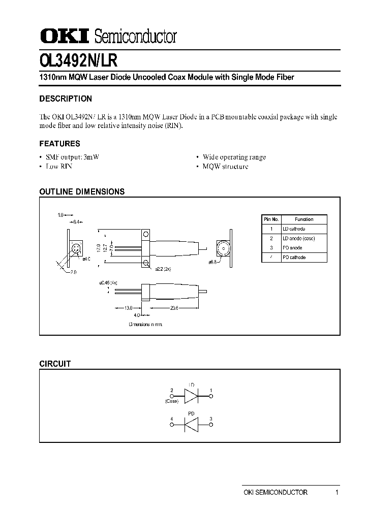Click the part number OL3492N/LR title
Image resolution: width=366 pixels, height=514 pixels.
[x=78, y=60]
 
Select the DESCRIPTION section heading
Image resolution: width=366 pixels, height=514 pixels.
[x=66, y=99]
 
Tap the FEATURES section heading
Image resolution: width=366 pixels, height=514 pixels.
[x=59, y=144]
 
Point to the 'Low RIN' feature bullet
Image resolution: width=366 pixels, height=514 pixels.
[x=59, y=167]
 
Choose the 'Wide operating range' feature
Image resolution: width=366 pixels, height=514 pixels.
[x=234, y=157]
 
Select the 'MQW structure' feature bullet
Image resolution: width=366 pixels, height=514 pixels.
[x=225, y=167]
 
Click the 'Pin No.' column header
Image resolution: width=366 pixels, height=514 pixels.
[x=271, y=219]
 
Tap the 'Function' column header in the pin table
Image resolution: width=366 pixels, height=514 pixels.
[x=304, y=219]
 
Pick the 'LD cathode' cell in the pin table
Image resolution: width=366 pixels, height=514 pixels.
[x=294, y=229]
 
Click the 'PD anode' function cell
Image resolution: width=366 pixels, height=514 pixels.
[x=292, y=248]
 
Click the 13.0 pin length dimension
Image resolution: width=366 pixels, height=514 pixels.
[x=128, y=308]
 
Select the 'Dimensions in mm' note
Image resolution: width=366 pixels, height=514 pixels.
[x=145, y=324]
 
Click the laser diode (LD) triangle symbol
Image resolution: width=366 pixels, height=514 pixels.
[x=192, y=395]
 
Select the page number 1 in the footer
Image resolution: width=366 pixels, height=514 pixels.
[x=337, y=492]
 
